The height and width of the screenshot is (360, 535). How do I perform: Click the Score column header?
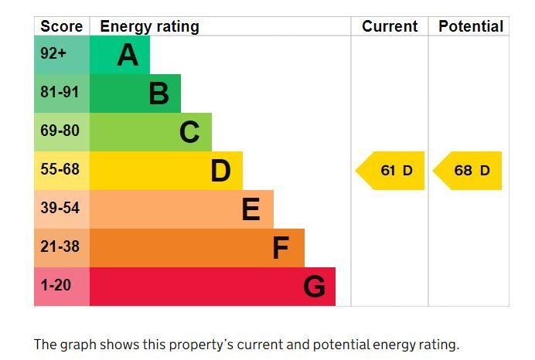(61, 26)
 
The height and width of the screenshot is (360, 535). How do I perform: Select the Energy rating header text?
(149, 26)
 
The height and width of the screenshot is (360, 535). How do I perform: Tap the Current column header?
(390, 26)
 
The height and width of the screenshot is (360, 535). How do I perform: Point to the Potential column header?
(470, 26)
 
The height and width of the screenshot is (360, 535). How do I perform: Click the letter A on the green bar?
(128, 55)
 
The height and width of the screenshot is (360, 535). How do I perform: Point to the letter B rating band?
(158, 93)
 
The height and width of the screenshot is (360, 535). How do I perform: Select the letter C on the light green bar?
(189, 132)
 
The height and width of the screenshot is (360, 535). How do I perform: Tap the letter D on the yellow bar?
(220, 171)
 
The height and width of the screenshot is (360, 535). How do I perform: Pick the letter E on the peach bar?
(250, 209)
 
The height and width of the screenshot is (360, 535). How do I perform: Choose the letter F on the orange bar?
(281, 248)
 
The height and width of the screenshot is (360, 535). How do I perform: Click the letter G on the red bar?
(314, 287)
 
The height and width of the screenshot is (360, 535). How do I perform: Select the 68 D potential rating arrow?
(469, 171)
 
